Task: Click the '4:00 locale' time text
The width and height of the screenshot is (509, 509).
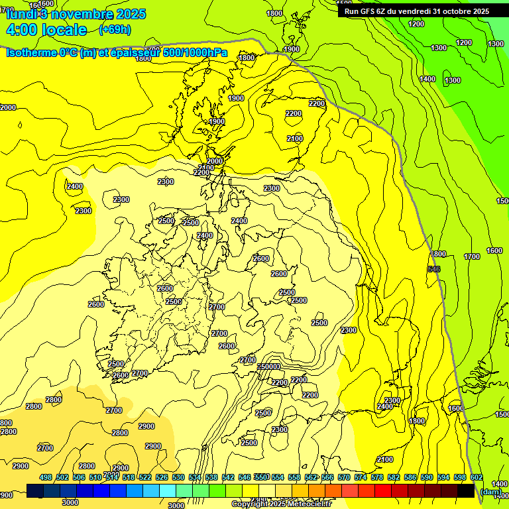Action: (46, 30)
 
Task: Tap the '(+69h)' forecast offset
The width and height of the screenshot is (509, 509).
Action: (115, 30)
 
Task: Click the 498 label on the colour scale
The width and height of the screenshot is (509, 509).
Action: (46, 477)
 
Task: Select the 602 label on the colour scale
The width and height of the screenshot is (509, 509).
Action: (477, 477)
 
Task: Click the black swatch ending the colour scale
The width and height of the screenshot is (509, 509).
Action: (466, 491)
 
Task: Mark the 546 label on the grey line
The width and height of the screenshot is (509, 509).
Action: (434, 268)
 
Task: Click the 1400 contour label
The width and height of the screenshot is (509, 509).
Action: (427, 79)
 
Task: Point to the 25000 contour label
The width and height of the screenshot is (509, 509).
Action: (268, 367)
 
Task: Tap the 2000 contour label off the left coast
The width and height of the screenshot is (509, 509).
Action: (8, 107)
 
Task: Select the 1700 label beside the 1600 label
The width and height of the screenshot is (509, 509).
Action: (472, 256)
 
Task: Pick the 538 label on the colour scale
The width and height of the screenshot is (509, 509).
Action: (211, 477)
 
